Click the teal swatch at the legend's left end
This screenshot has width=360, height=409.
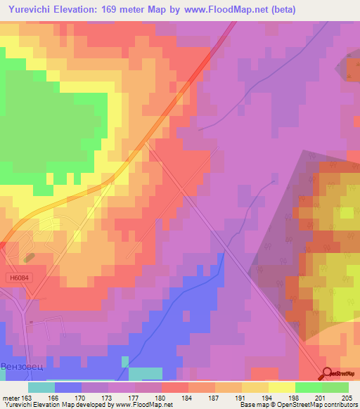[x=41, y=387]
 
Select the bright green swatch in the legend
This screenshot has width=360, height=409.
[x=309, y=387]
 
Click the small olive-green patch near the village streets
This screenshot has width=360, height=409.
[x=29, y=260]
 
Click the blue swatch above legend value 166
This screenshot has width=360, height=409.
[x=68, y=387]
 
